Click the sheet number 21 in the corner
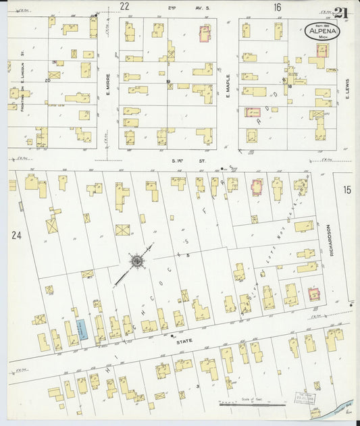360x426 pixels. coord(341,13)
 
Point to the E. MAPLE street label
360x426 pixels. coord(228,85)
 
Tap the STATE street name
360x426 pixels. coord(184,342)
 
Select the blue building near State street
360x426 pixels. coord(82,330)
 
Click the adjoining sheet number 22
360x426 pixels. coord(124,6)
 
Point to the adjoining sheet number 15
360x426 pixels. coord(347,190)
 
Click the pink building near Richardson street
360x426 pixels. coord(314,294)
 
